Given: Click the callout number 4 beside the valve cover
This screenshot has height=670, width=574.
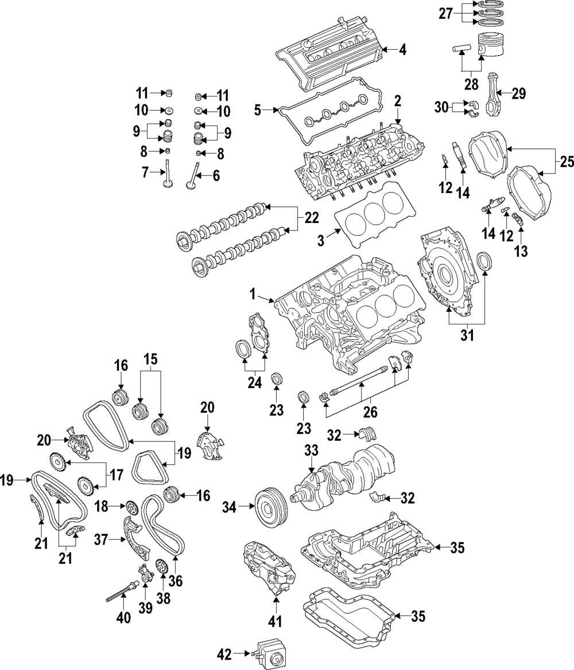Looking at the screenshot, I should point(402,50).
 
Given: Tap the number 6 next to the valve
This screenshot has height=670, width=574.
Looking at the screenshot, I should point(216,176).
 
